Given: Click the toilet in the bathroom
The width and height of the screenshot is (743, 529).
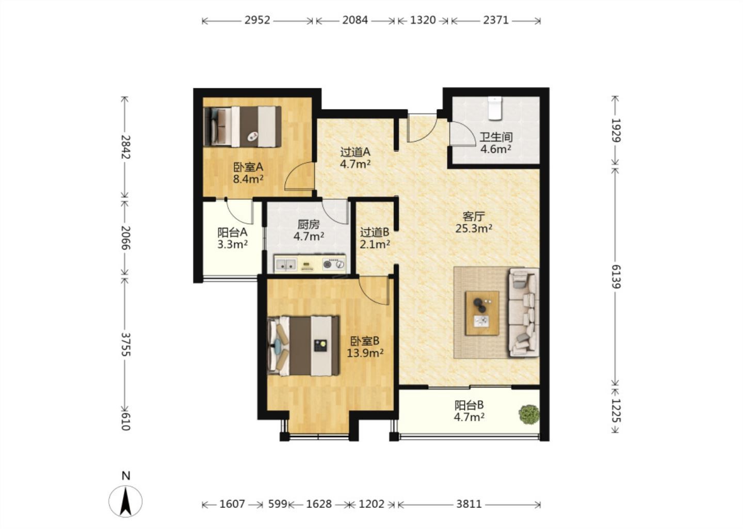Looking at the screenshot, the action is point(495,108).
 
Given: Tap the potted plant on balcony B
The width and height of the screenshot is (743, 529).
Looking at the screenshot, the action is point(529,414).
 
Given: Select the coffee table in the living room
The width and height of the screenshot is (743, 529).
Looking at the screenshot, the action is point(482,313).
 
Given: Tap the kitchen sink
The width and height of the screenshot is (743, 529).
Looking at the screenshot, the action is point(286,264).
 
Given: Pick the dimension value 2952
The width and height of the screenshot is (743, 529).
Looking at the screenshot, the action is point(257,20).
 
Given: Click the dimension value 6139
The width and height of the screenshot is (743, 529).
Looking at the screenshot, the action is point(615,277).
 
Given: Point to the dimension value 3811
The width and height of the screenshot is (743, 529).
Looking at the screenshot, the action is point(469,504).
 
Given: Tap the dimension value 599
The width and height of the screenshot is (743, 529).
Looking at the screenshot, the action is point(277,504).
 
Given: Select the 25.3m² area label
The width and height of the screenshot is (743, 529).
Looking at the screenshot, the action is point(474,228).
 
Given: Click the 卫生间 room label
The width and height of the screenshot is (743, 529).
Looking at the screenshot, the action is point(496,137).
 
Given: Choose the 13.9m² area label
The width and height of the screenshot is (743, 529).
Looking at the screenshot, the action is point(365,353).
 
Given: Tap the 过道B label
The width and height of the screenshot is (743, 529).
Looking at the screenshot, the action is point(375,232).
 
